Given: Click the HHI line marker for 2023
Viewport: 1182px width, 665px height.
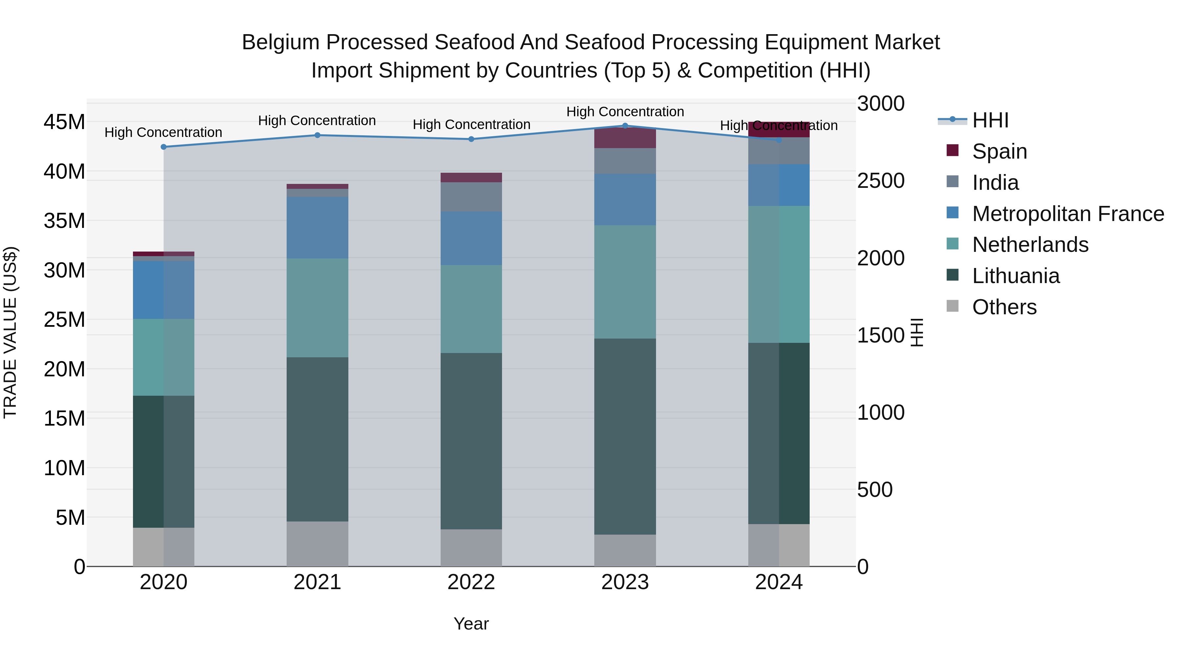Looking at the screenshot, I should pos(625,126).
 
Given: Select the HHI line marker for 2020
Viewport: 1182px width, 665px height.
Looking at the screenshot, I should pos(164,147).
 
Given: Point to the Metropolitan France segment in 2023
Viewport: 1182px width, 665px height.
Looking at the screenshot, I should pos(625,199).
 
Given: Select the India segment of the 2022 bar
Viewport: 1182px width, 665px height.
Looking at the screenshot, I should pos(471,197).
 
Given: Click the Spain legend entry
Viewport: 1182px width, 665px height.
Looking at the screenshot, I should pos(999,151).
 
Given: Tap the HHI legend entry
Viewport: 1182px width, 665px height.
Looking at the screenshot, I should pos(990,120).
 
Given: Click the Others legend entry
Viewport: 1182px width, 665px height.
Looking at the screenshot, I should pos(1003,307).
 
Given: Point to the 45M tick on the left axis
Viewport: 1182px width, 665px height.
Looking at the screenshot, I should pos(64,122).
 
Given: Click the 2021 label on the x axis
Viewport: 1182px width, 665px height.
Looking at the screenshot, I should pos(317,582).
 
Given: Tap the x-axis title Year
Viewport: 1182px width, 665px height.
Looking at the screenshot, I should pos(471,624).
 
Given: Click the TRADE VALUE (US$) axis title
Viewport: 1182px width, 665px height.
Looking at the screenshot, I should pos(11,332).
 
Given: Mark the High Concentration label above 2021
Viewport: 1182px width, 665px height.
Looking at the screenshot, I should pos(317,121).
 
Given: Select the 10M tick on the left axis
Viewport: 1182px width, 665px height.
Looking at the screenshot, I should pos(64,468).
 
